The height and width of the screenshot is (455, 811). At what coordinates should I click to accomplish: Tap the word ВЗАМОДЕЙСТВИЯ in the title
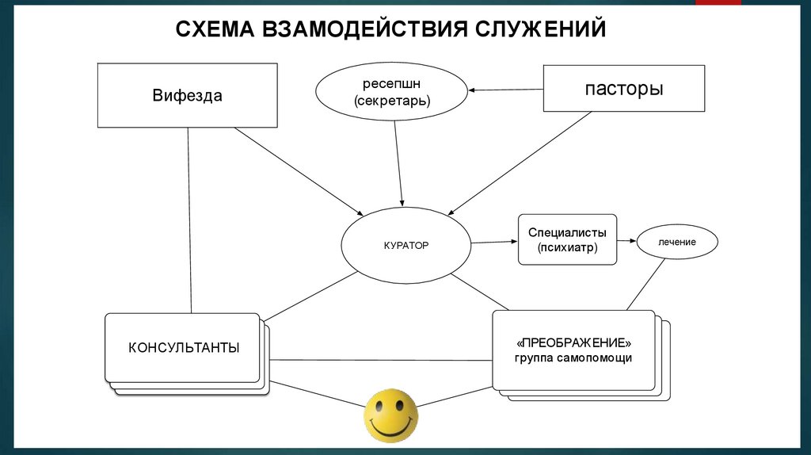(363, 29)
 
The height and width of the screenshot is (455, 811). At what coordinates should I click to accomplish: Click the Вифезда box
(187, 96)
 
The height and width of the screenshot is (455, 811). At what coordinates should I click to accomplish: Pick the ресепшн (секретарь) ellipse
(391, 92)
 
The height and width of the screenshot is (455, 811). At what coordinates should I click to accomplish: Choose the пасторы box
(623, 88)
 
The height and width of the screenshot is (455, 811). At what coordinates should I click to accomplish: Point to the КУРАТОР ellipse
(405, 246)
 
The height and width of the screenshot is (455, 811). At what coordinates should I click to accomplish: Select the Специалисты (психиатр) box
(566, 240)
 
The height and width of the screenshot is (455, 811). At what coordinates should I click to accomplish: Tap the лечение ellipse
(676, 242)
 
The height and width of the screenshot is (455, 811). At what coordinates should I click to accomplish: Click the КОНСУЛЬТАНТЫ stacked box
(183, 348)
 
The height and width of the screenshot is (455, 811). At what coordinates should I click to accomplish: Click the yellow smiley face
(390, 415)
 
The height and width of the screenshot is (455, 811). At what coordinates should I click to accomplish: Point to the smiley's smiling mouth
(390, 429)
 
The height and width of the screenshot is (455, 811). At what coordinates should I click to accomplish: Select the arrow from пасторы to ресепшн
(504, 90)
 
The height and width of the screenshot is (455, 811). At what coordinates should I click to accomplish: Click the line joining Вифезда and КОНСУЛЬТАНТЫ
(189, 222)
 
